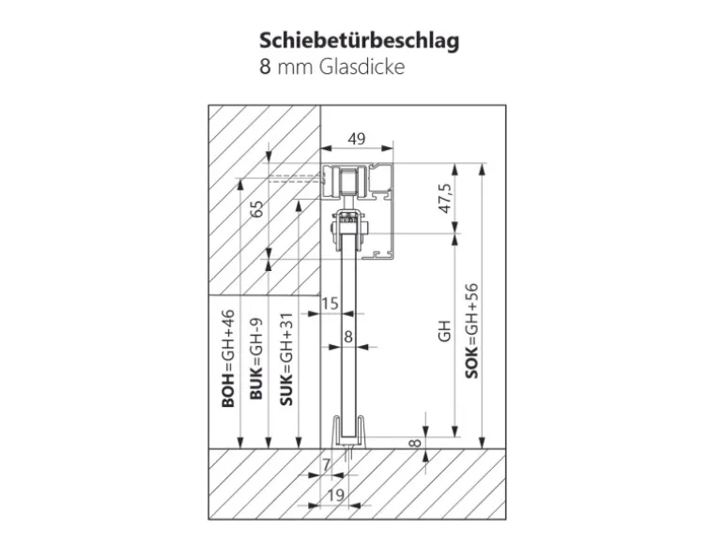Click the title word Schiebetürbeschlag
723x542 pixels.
click(360, 43)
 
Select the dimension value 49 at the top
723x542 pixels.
click(356, 139)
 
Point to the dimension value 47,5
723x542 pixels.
click(444, 200)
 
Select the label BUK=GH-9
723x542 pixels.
click(256, 359)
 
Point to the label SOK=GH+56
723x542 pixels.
click(472, 330)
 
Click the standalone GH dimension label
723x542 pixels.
click(444, 330)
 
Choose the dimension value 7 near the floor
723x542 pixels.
click(326, 464)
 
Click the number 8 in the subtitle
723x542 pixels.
click(267, 68)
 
